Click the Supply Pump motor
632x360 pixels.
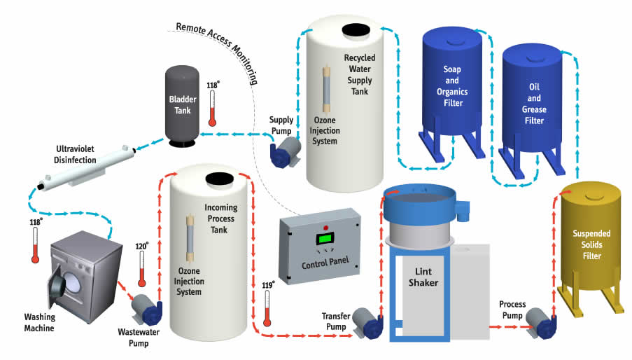(286, 151)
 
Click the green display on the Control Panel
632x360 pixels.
(325, 239)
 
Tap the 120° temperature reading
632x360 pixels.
(141, 247)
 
